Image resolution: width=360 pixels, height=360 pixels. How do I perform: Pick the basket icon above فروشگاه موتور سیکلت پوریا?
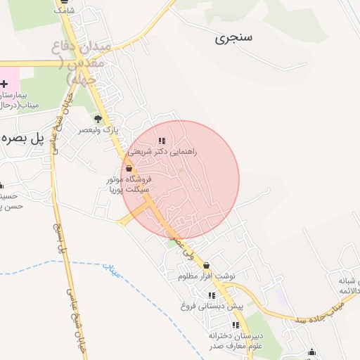click(x=129, y=169)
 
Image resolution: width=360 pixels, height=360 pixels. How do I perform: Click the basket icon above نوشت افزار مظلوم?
click(x=205, y=266)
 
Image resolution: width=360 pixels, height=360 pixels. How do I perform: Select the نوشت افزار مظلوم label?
click(x=205, y=277)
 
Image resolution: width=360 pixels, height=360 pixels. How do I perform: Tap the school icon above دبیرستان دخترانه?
click(x=236, y=325)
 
